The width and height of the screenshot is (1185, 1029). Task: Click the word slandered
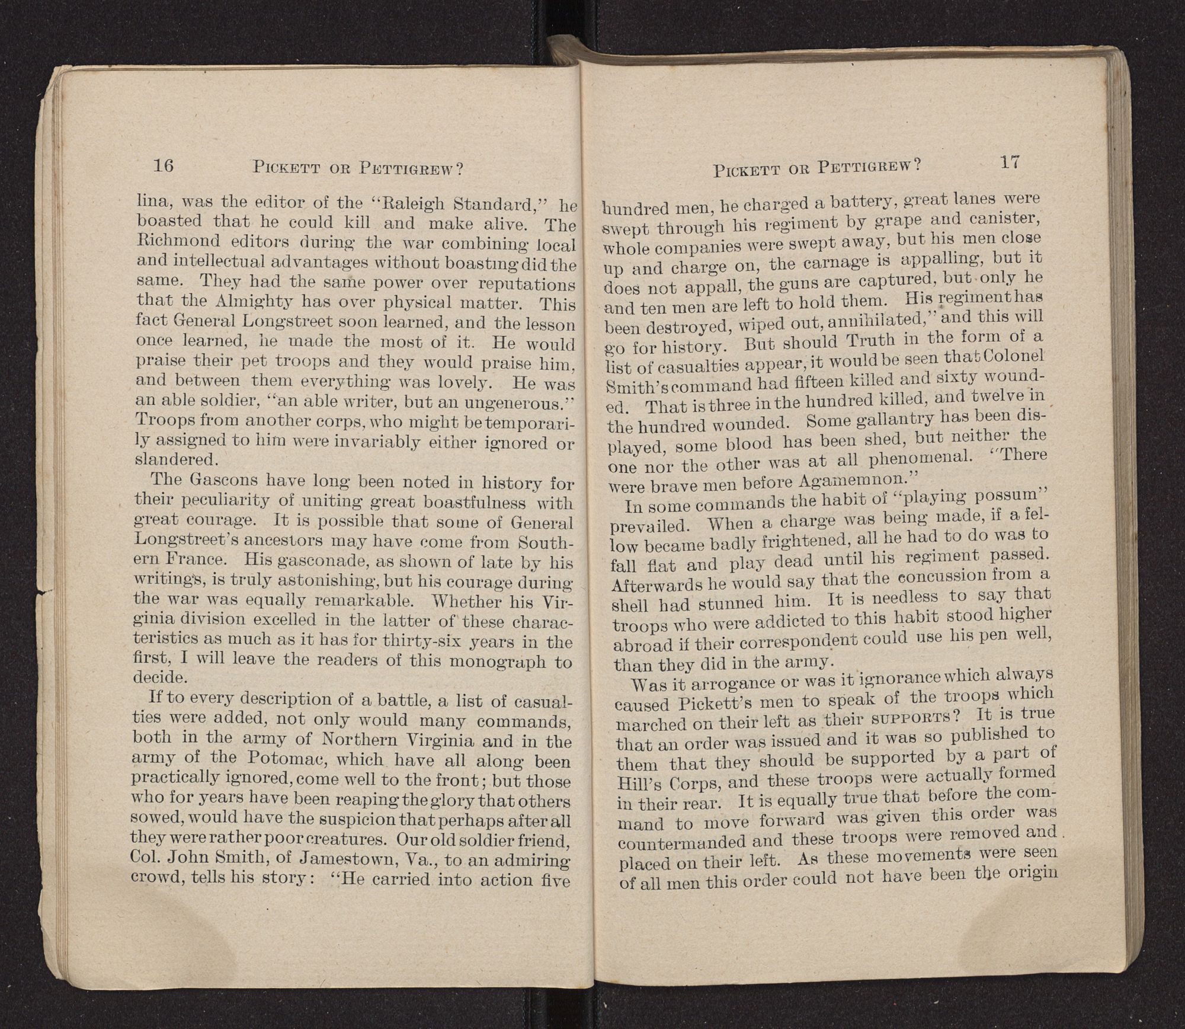[x=176, y=459]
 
